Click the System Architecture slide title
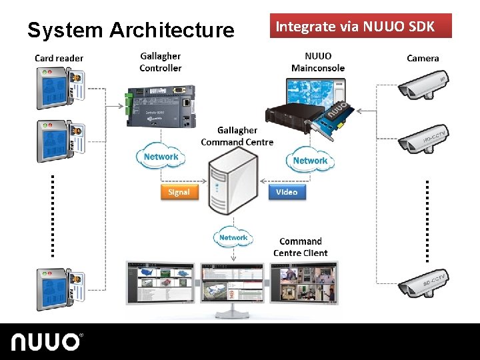click(131, 30)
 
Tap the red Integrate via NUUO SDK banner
click(360, 26)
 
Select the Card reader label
click(59, 58)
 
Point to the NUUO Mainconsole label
click(318, 62)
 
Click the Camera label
click(423, 58)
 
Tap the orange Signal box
click(179, 192)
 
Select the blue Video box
click(287, 192)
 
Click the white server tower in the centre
click(229, 184)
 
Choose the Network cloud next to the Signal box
click(161, 157)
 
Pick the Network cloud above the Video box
click(310, 161)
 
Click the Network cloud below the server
click(233, 237)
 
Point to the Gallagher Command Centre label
click(237, 136)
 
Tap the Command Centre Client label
click(301, 247)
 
